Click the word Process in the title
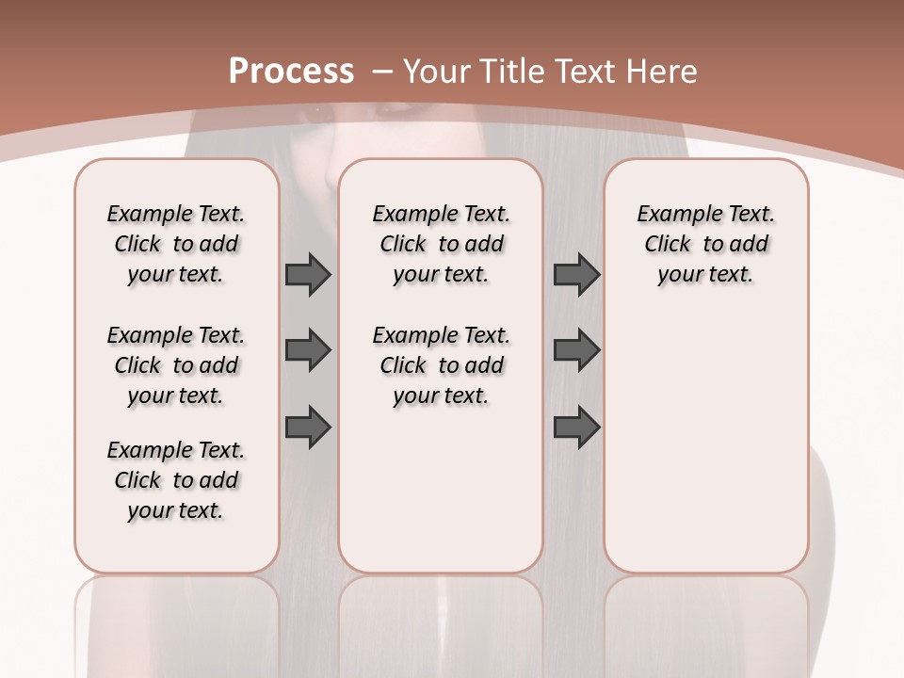291,71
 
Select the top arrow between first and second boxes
308,274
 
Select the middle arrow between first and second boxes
308,350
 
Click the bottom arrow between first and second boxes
308,428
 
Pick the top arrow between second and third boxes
576,274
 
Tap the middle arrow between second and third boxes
576,350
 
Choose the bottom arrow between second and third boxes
576,428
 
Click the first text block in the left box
176,244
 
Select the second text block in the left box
176,365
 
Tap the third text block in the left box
176,480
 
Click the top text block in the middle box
442,244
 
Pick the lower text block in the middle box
442,365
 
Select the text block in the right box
706,244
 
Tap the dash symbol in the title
382,71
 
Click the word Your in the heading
438,71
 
